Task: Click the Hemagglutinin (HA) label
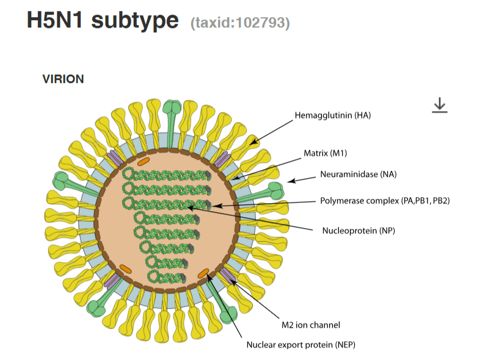pyautogui.click(x=333, y=115)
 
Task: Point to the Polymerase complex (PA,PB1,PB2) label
pyautogui.click(x=384, y=200)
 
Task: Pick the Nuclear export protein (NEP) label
pyautogui.click(x=300, y=345)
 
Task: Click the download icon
pyautogui.click(x=439, y=106)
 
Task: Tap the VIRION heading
pyautogui.click(x=63, y=79)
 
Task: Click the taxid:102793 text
pyautogui.click(x=240, y=23)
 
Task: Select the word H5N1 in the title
pyautogui.click(x=54, y=20)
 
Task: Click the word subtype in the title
pyautogui.click(x=135, y=21)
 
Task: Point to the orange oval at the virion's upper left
pyautogui.click(x=143, y=162)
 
